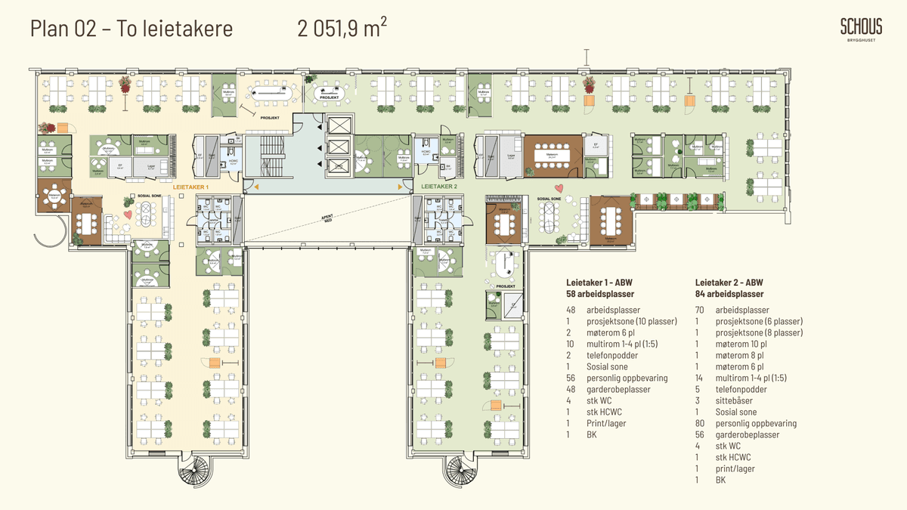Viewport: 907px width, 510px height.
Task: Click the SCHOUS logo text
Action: [861, 27]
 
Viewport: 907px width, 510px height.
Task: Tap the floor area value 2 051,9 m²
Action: [342, 29]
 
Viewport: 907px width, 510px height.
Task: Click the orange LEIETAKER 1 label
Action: [190, 186]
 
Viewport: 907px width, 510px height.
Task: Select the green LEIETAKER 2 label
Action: [440, 186]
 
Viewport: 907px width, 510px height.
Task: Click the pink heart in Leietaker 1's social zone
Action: [128, 215]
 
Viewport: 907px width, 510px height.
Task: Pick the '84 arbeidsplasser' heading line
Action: [729, 294]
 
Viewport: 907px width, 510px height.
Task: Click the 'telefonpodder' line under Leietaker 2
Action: [741, 389]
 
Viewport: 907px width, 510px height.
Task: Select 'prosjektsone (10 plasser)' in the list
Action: [632, 321]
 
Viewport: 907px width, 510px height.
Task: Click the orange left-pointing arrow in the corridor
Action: [255, 187]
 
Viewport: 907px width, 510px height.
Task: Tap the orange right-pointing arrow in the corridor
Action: [401, 187]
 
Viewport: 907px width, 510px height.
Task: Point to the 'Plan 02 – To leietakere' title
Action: [132, 29]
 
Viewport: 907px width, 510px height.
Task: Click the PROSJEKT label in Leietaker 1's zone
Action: [270, 118]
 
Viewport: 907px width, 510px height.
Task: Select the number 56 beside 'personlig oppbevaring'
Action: [571, 378]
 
